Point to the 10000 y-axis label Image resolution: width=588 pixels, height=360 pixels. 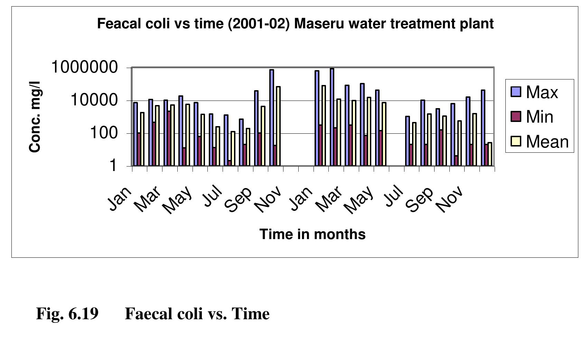click(94, 100)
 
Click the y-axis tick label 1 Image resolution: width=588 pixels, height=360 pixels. click(113, 166)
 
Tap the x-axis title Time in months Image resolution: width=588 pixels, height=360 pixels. click(312, 234)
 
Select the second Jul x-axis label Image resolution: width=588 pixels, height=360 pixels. click(394, 196)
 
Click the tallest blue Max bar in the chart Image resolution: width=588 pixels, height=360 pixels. click(332, 117)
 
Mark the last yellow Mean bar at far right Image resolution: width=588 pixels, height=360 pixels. click(489, 154)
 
